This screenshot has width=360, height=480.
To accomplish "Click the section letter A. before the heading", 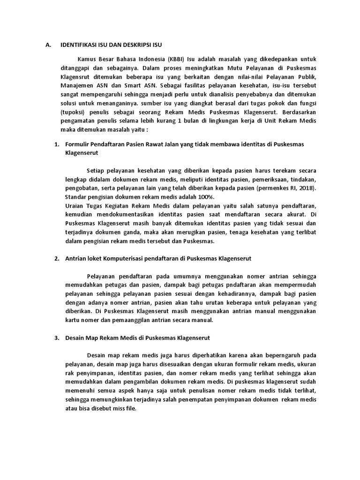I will click(x=47, y=45).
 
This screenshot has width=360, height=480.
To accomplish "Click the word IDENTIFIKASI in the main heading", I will click(x=80, y=45).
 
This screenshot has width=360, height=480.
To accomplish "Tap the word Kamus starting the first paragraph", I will click(x=88, y=59).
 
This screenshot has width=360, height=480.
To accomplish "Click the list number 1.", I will click(x=57, y=144).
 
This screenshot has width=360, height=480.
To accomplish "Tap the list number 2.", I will click(x=57, y=258).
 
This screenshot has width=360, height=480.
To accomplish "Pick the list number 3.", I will click(x=57, y=337).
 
